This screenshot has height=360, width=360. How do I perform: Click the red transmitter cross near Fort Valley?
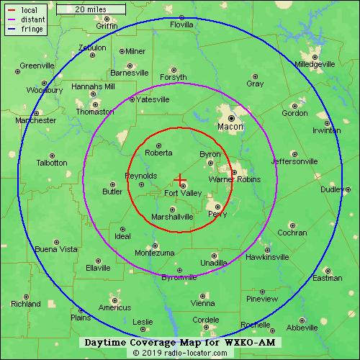(180, 179)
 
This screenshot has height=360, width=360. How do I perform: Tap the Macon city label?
(230, 127)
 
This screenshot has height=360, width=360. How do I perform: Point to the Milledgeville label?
(315, 64)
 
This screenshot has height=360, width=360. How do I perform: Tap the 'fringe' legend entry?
(31, 30)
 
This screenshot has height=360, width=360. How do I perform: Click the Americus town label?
(114, 307)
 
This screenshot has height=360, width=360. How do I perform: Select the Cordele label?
(205, 320)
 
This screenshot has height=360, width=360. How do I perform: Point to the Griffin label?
(107, 26)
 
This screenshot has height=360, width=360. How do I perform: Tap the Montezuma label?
(154, 253)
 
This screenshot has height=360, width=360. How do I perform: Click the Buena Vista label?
(56, 249)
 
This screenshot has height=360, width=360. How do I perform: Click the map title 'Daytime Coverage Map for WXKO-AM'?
(179, 341)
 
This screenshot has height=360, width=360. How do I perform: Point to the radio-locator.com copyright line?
(179, 353)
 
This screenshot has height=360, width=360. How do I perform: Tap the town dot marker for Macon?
(232, 117)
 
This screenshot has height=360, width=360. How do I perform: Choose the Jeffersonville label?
(294, 161)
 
